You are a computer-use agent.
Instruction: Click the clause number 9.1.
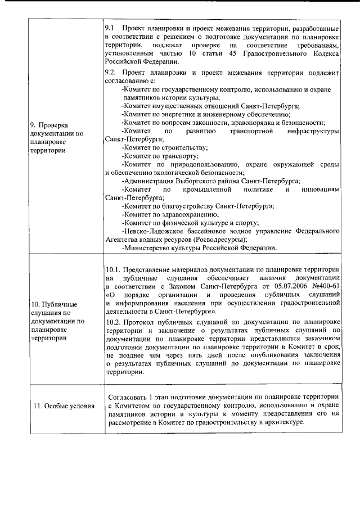pos(111,28)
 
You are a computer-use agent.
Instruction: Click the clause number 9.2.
pos(111,73)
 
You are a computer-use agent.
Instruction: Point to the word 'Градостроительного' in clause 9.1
pos(266,53)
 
